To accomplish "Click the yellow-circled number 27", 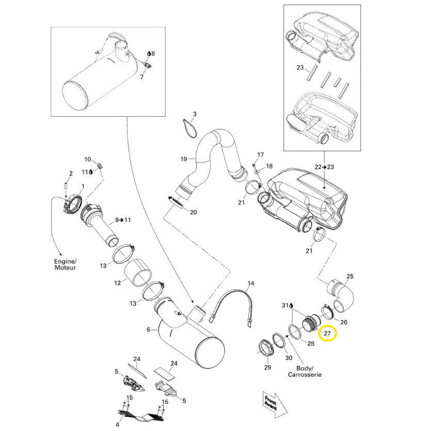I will coord(327,333).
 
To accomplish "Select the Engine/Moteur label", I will coord(65,265).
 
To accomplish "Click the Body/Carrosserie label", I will coord(305,371).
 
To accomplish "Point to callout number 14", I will coord(251,283).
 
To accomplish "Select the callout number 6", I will coord(149,329).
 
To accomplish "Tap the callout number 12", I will coord(118,282).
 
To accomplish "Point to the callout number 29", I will coord(267,367).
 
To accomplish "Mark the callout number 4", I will coord(117,425).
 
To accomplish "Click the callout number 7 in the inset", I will coord(142,77).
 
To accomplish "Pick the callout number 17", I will coord(260,154).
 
